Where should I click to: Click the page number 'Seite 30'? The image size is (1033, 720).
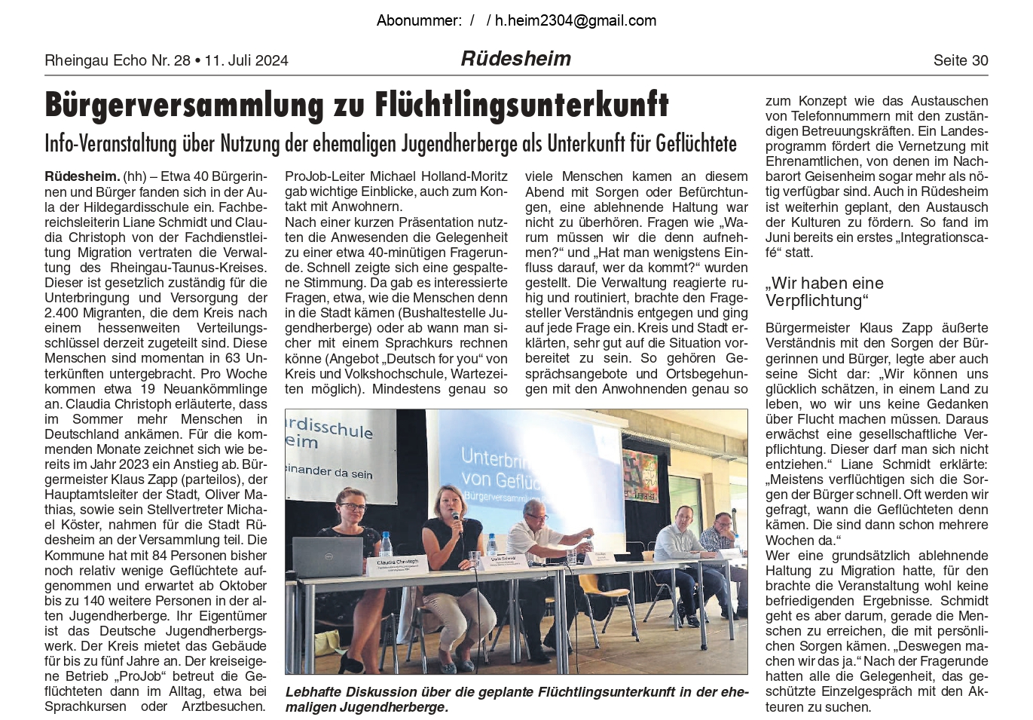960,60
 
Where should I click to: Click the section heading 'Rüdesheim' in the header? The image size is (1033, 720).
515,59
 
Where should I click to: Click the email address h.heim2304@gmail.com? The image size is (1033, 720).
575,20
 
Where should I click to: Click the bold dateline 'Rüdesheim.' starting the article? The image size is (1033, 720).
82,176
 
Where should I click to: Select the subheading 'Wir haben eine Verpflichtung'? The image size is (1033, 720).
824,292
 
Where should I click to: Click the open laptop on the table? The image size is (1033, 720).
329,556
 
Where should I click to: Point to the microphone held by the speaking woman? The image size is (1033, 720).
456,519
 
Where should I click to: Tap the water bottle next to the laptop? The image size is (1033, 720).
387,545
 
